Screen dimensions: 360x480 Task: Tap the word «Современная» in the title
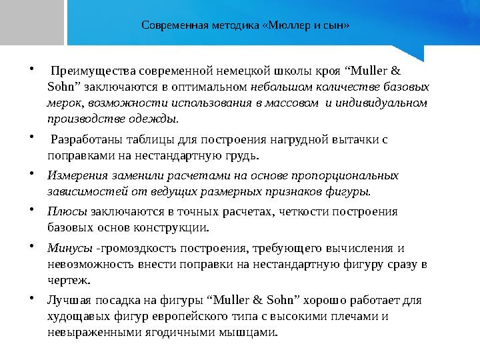[x=171, y=26]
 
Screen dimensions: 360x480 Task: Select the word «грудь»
[x=240, y=156]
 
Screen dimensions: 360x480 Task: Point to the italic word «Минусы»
[x=70, y=249]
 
